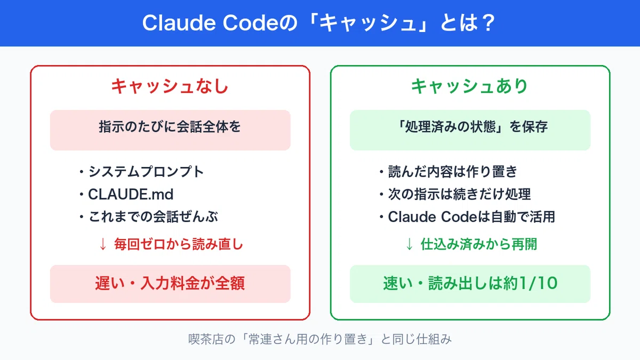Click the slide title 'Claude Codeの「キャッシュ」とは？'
point(319,23)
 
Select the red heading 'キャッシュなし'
point(170,86)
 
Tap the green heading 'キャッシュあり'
point(469,86)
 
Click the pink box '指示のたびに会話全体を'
point(170,130)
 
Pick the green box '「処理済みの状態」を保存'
point(470,130)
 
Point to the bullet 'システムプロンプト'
point(146,172)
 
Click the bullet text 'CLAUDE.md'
point(131,194)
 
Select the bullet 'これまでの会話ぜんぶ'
point(153,217)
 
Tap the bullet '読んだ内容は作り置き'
point(453,172)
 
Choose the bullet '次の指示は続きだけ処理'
point(459,194)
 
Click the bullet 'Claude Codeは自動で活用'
point(471,217)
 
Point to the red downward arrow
point(103,245)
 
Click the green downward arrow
point(409,245)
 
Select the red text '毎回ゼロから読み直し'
point(179,244)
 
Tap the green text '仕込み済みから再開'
point(479,244)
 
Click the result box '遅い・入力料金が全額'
point(170,284)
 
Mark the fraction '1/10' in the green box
point(538,283)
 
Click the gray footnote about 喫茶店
point(320,339)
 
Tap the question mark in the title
point(489,23)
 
